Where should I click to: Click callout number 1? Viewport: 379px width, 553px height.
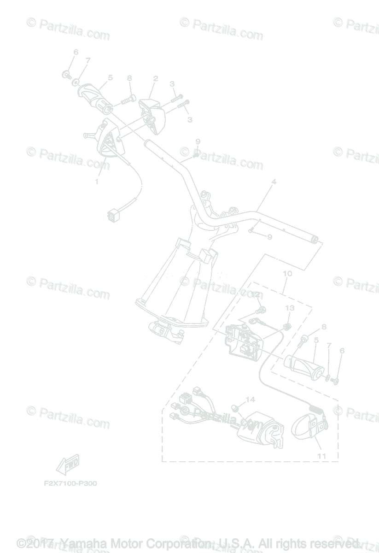tap(97, 182)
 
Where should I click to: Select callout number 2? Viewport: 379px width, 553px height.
tap(155, 79)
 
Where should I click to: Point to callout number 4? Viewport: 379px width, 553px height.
tap(274, 182)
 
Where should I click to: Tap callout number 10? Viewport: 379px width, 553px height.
tap(287, 274)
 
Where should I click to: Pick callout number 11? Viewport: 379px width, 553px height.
tap(321, 456)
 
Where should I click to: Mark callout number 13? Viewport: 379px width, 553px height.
tap(289, 308)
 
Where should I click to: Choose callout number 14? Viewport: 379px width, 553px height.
tap(250, 400)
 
